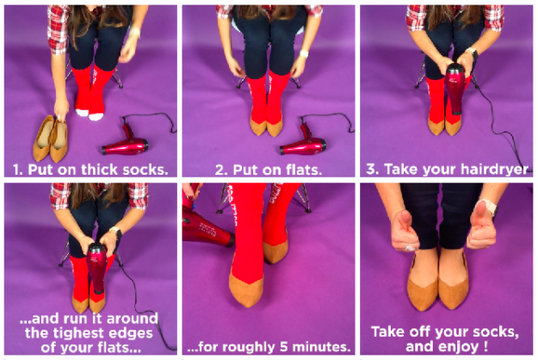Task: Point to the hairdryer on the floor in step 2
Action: [x=304, y=142]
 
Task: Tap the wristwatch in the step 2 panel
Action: [x=304, y=53]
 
